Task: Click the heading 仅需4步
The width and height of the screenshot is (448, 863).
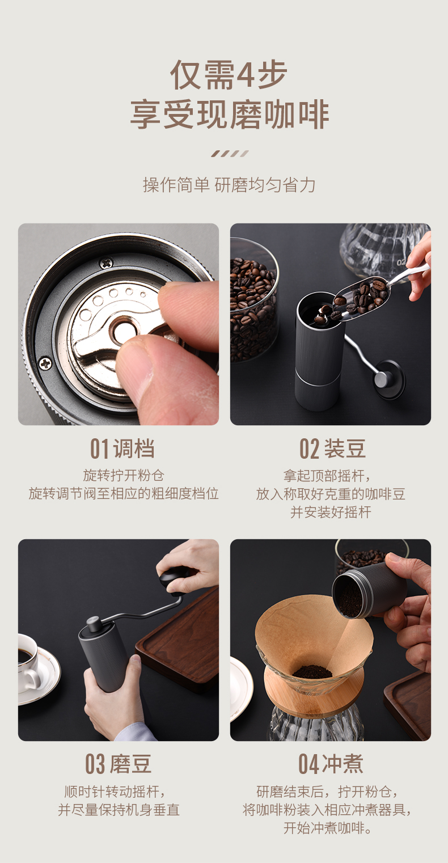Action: click(229, 75)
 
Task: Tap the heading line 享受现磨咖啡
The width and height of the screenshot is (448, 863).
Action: click(230, 115)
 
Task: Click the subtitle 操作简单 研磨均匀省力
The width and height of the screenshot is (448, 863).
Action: click(229, 185)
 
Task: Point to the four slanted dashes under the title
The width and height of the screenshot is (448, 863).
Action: click(230, 154)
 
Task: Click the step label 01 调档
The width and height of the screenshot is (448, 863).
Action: click(122, 449)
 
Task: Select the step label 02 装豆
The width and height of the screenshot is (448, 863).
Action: click(332, 449)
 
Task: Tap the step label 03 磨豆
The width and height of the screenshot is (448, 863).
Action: click(119, 764)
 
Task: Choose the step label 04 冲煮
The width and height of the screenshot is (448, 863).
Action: click(331, 764)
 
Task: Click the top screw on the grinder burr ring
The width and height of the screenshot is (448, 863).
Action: click(105, 264)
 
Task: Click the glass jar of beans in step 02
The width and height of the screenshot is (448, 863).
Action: click(254, 300)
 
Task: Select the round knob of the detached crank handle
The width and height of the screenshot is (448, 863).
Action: click(389, 379)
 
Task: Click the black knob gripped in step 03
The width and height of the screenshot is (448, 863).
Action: click(175, 577)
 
